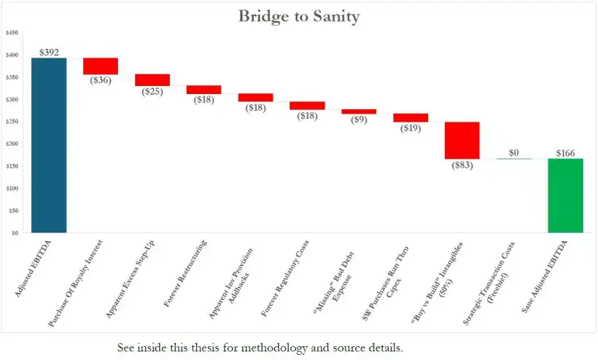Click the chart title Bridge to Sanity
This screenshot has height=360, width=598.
[x=299, y=16]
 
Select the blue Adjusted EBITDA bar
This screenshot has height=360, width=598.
[x=49, y=145]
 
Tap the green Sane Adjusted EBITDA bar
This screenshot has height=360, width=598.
[x=565, y=195]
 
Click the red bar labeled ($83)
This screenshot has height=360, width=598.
[x=462, y=140]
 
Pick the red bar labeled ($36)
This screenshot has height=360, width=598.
[x=101, y=66]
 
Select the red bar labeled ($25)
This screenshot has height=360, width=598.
[x=152, y=79]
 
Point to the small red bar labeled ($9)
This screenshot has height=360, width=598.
[x=359, y=111]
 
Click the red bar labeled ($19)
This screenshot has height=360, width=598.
[x=411, y=117]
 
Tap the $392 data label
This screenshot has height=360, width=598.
[x=49, y=52]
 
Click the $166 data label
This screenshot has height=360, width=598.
[x=565, y=153]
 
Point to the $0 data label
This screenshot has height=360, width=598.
[x=513, y=153]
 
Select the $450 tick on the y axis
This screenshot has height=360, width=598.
[x=12, y=33]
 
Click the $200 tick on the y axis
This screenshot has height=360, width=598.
[x=12, y=144]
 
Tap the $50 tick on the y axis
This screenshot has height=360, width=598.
[x=13, y=211]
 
